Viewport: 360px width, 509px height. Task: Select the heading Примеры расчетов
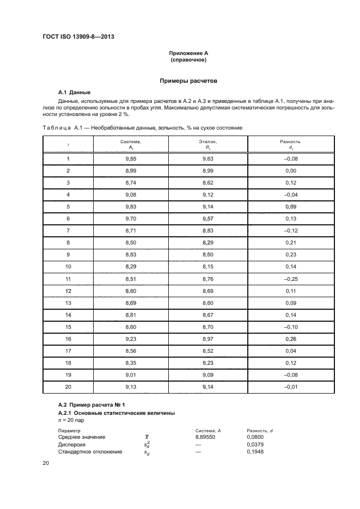pos(188,81)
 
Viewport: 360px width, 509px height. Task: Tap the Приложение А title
pos(188,53)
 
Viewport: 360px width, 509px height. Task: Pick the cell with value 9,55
pos(131,158)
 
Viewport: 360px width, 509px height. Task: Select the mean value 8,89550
pos(204,437)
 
